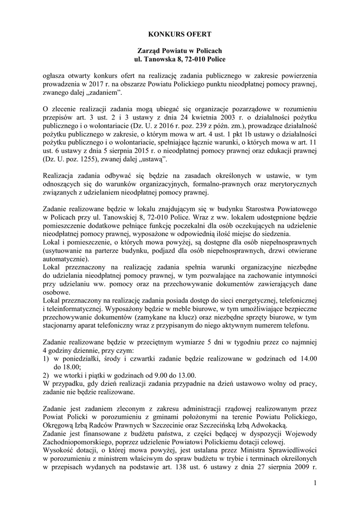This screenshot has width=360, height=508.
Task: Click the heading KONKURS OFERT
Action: click(x=180, y=34)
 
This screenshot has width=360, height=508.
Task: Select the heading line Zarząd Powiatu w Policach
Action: click(x=180, y=51)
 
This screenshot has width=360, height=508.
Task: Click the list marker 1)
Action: click(x=47, y=359)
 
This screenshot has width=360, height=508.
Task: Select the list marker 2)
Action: click(x=47, y=376)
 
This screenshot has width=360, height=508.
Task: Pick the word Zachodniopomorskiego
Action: click(x=79, y=443)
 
